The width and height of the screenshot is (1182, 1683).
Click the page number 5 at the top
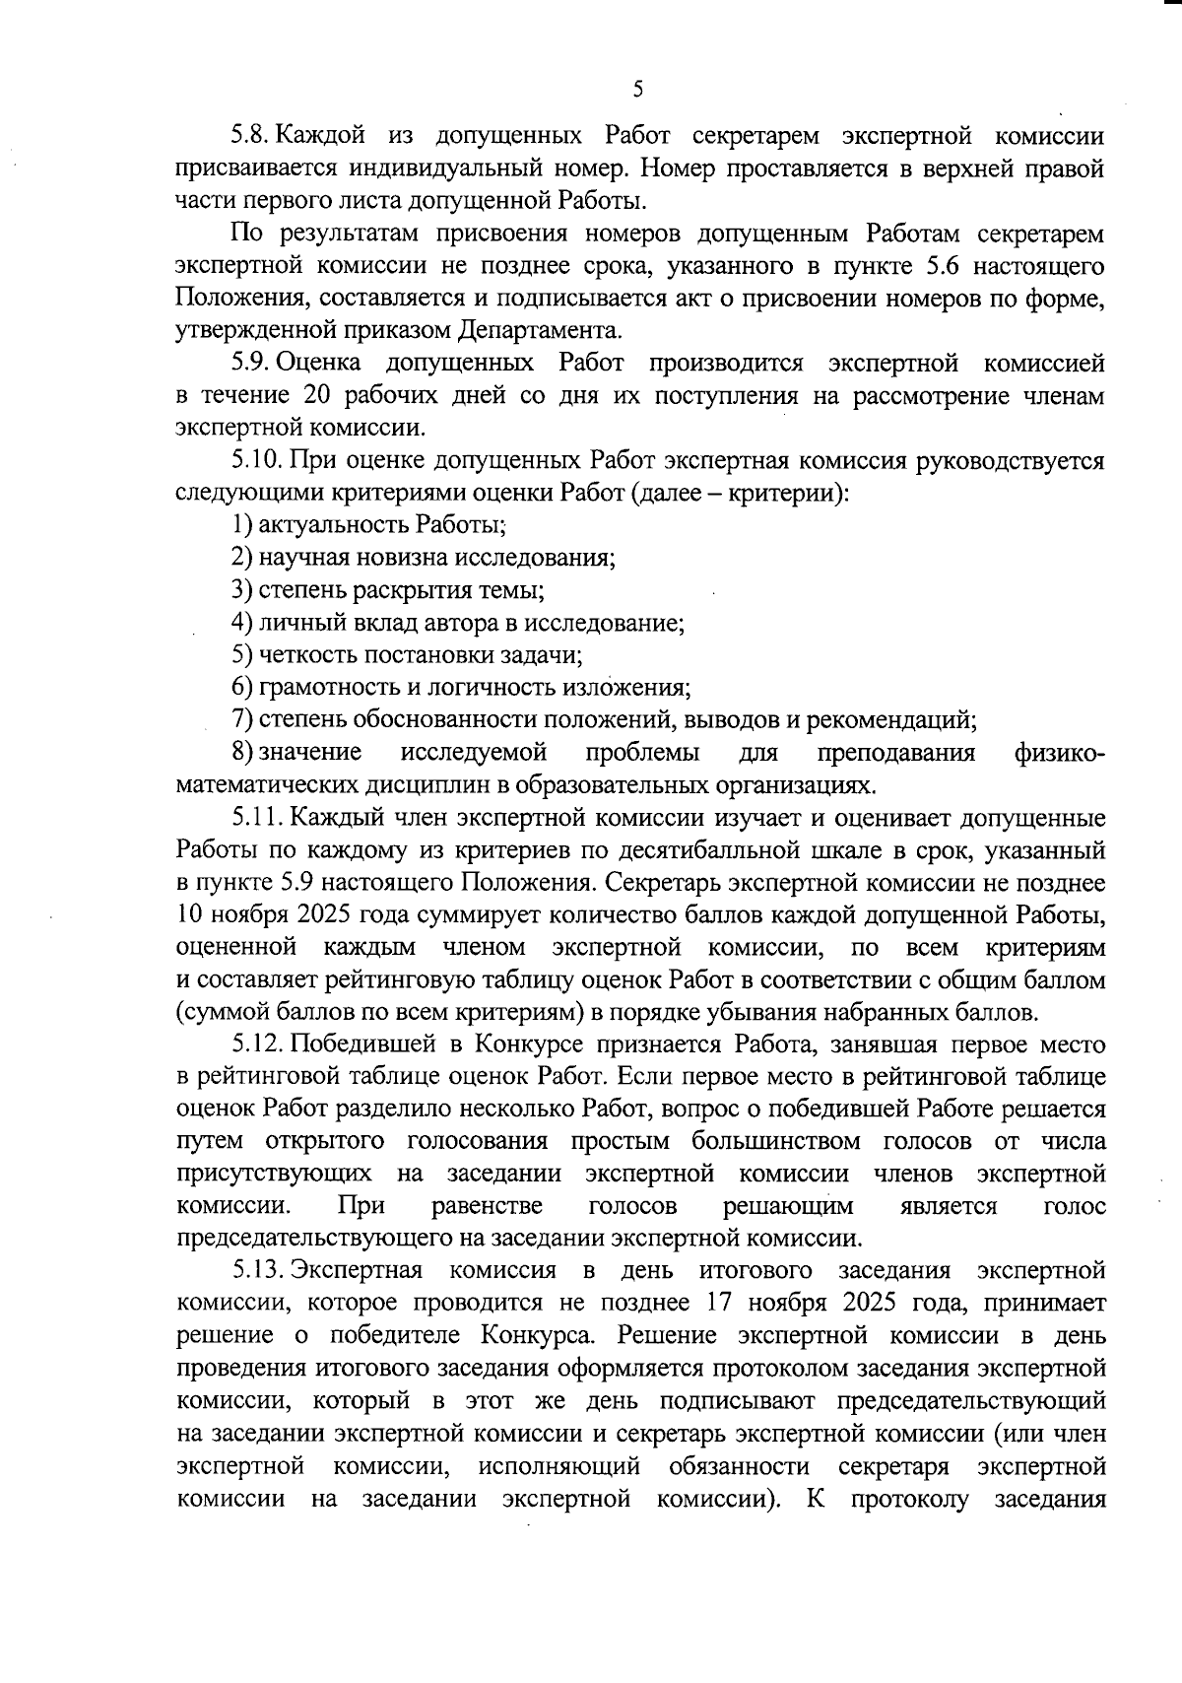tap(637, 90)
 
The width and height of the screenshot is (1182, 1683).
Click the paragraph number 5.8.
tap(250, 137)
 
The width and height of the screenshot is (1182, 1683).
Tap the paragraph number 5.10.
tap(256, 461)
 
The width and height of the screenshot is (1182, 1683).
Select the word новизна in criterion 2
tap(400, 558)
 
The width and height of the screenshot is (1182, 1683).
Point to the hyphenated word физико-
tap(1059, 753)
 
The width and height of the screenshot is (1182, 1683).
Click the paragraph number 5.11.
tap(256, 819)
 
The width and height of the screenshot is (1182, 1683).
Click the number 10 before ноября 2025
tap(189, 915)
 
